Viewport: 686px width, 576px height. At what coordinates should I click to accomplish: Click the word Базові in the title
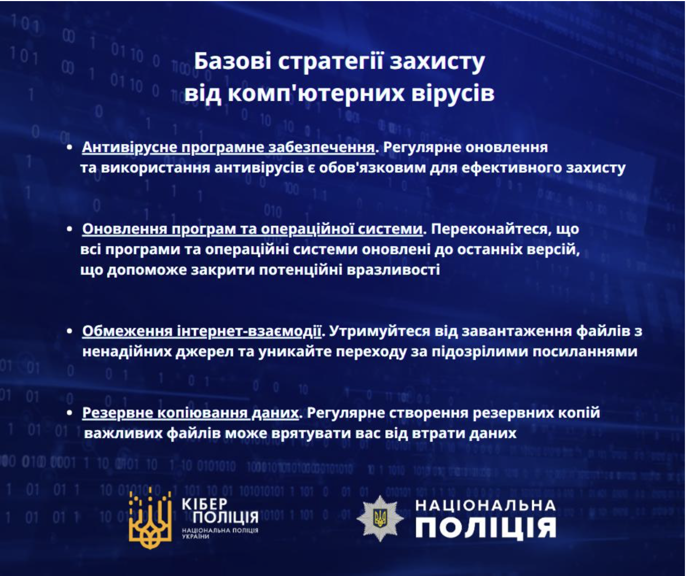(232, 62)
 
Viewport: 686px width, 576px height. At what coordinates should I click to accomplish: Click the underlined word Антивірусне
(129, 148)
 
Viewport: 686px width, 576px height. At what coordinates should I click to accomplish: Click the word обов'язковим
(372, 168)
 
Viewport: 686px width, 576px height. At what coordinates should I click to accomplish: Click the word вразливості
(393, 270)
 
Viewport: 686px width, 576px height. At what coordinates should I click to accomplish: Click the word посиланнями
(585, 352)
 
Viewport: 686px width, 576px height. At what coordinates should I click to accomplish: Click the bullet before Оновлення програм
(70, 229)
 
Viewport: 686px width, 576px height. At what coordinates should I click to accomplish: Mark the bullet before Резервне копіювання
(70, 413)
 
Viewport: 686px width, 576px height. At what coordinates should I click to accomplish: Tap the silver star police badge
(380, 519)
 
